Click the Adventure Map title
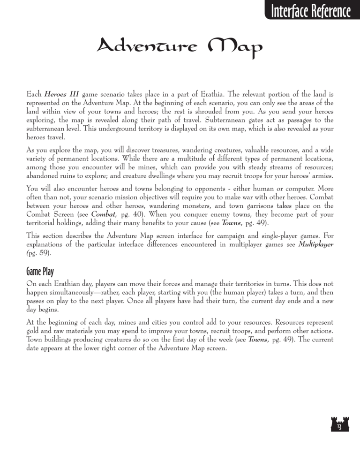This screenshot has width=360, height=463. tap(179, 47)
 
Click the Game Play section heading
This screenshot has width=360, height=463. tap(44, 272)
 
